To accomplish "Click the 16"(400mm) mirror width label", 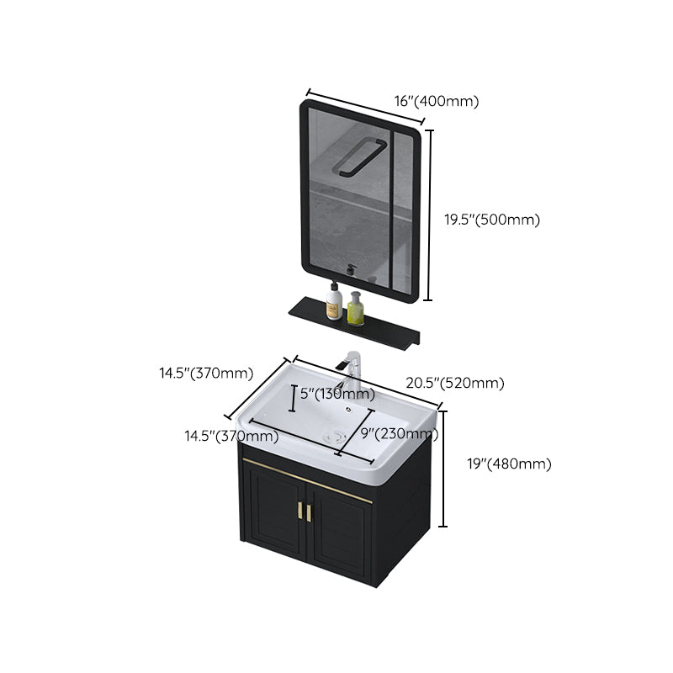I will click(436, 102).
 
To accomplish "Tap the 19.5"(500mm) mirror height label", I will click(491, 220).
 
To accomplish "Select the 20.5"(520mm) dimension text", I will click(455, 384).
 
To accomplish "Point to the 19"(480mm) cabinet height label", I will click(509, 464).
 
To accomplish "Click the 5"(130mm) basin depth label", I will click(337, 394).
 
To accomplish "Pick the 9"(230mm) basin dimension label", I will click(399, 435).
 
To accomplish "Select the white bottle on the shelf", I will click(334, 302).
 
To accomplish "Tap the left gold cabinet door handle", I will click(299, 509).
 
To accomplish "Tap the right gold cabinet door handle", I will click(310, 512).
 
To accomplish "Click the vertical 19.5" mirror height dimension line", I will click(430, 215).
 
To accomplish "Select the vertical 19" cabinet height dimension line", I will click(443, 467).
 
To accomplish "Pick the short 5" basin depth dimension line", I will click(292, 398).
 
